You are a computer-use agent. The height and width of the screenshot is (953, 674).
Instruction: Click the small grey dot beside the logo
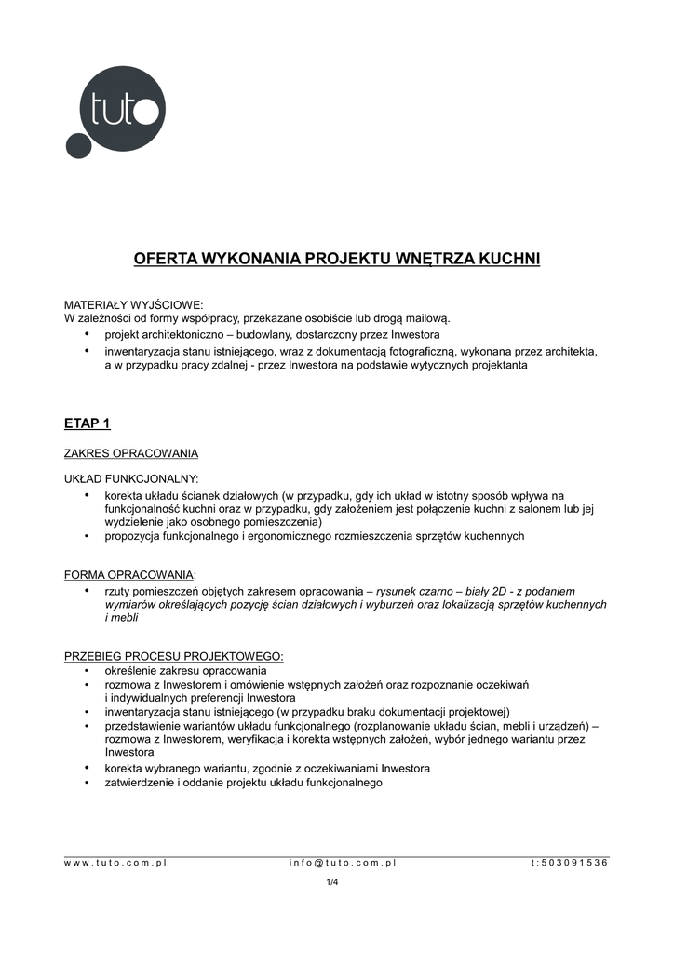click(x=75, y=146)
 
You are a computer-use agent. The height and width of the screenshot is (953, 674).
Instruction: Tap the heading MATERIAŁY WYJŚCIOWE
click(x=132, y=304)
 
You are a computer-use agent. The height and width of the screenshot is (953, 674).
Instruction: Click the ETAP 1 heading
click(x=87, y=423)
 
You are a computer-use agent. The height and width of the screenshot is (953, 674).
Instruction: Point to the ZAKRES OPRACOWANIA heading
click(x=130, y=453)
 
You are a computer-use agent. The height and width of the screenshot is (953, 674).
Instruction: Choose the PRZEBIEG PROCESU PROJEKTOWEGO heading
click(x=173, y=656)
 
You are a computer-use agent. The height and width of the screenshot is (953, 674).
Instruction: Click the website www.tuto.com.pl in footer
click(x=115, y=863)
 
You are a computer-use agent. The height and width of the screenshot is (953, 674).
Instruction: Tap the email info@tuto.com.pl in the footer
click(x=343, y=863)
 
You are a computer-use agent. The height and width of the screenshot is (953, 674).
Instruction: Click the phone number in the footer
click(x=569, y=863)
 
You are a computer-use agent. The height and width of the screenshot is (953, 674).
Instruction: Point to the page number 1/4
click(x=331, y=882)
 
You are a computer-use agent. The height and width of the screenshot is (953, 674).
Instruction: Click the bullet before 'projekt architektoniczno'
click(x=88, y=333)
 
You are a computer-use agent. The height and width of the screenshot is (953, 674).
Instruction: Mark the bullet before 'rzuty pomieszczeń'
click(x=88, y=591)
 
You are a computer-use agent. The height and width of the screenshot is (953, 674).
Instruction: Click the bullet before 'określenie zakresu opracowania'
click(x=87, y=670)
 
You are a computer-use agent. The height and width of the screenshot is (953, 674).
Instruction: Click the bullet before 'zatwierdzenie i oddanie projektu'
click(x=87, y=783)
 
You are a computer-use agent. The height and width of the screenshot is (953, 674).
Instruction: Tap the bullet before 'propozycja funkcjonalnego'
click(x=87, y=536)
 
